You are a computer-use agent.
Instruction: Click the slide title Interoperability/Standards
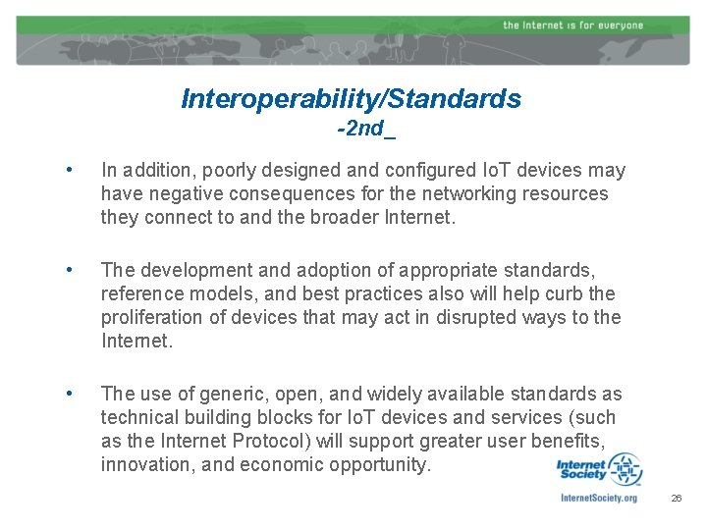[x=352, y=99]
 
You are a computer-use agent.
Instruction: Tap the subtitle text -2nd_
[x=365, y=129]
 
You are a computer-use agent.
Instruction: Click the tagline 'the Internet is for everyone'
[x=572, y=25]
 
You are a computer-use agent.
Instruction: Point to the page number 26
[x=676, y=499]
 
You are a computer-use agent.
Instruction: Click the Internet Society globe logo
[x=623, y=469]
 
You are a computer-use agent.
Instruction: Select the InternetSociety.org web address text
[x=598, y=499]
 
